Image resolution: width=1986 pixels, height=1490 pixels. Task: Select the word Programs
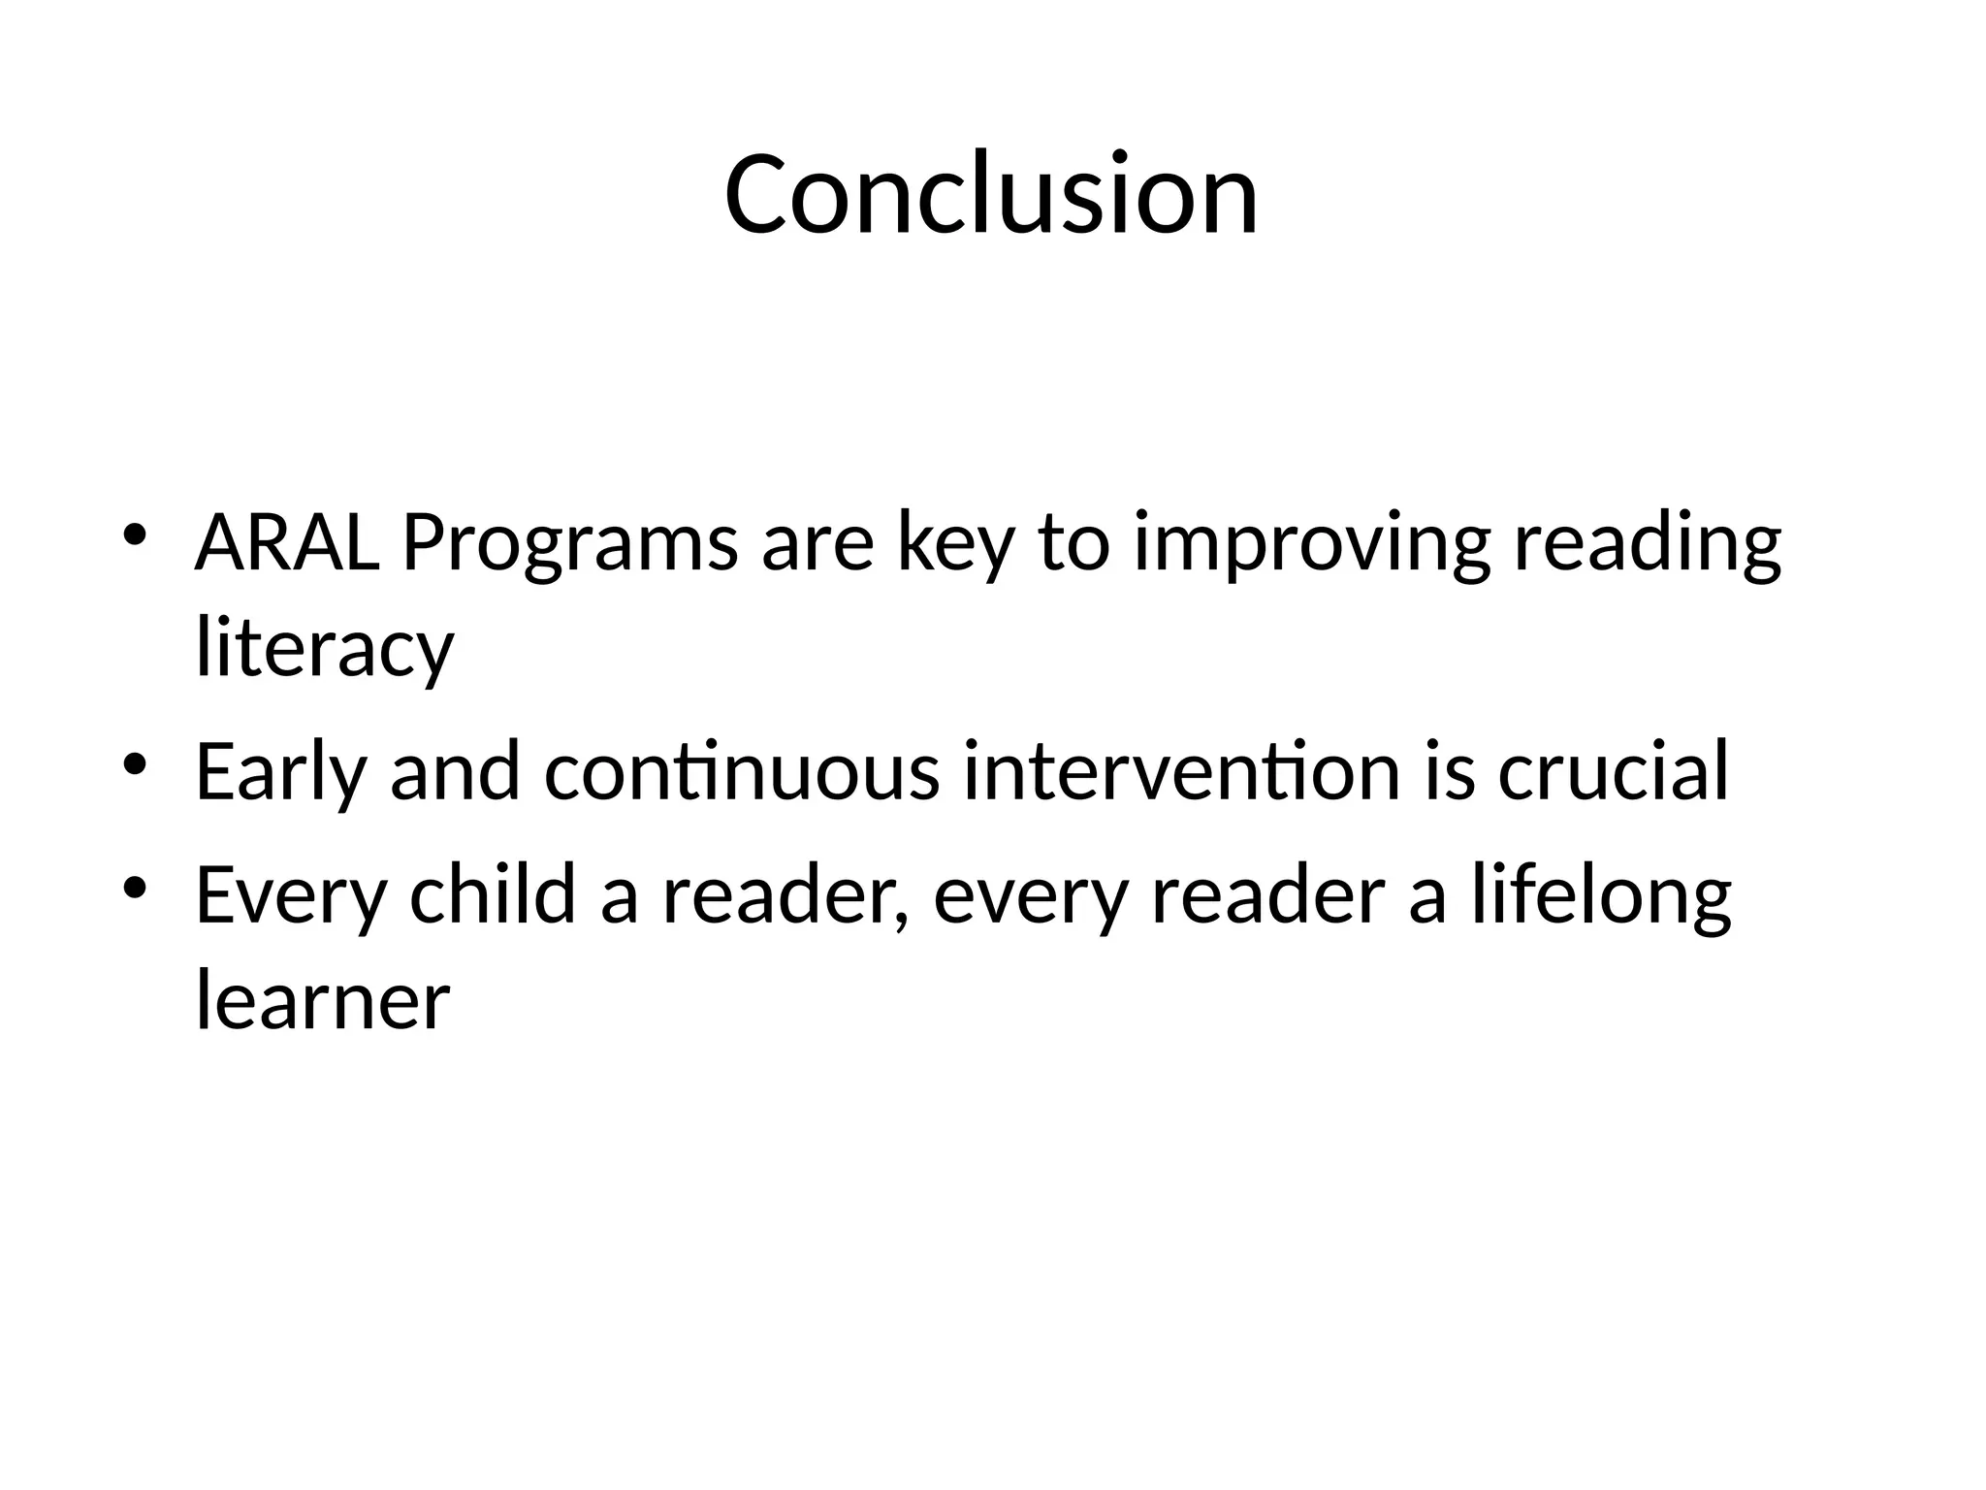pos(570,545)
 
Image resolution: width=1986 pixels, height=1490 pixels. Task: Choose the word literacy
pos(325,650)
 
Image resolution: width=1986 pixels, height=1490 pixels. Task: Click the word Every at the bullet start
pos(291,897)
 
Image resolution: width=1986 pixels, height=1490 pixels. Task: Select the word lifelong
pos(1601,897)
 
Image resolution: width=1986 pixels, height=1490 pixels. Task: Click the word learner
pos(323,1001)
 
